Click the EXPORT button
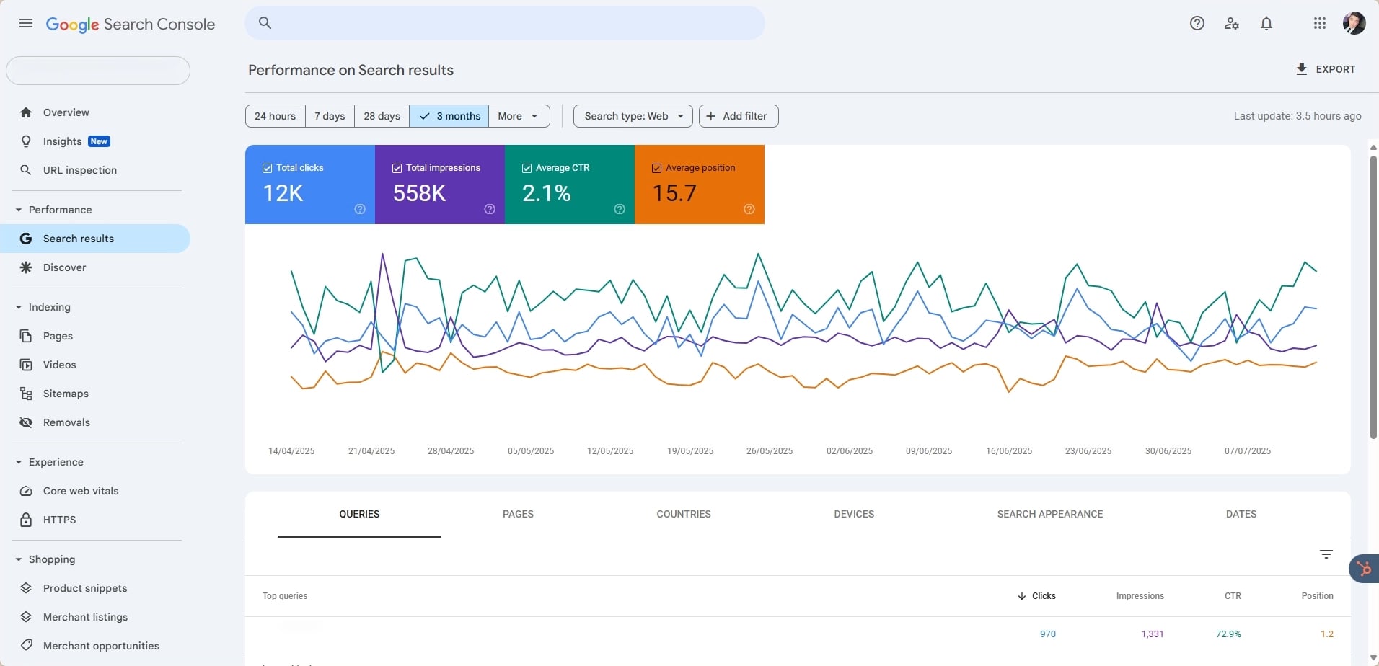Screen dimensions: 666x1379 pyautogui.click(x=1326, y=69)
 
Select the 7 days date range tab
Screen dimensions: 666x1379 pyautogui.click(x=330, y=116)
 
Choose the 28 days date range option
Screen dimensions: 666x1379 pyautogui.click(x=382, y=116)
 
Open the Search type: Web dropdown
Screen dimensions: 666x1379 pyautogui.click(x=633, y=116)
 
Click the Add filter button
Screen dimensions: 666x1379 pyautogui.click(x=738, y=116)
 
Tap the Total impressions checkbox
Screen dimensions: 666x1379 pyautogui.click(x=397, y=168)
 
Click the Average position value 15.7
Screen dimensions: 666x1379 pyautogui.click(x=674, y=193)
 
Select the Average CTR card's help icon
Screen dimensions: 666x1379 pyautogui.click(x=620, y=209)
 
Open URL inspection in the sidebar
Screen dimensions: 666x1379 pyautogui.click(x=79, y=170)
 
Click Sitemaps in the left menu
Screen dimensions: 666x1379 pyautogui.click(x=66, y=394)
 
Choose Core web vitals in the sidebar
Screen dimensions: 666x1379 pyautogui.click(x=81, y=491)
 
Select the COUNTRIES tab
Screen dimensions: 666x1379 pyautogui.click(x=683, y=514)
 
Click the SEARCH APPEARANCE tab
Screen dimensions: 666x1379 pyautogui.click(x=1049, y=514)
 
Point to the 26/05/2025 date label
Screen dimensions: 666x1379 pyautogui.click(x=769, y=451)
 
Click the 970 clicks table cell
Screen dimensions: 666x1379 pyautogui.click(x=1047, y=634)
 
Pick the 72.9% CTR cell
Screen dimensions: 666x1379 pyautogui.click(x=1228, y=634)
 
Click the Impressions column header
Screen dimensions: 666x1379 pyautogui.click(x=1140, y=596)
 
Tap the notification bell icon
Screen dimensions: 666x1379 pyautogui.click(x=1266, y=24)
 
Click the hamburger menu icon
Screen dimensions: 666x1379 pyautogui.click(x=26, y=24)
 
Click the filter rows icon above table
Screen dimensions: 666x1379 pyautogui.click(x=1326, y=554)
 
